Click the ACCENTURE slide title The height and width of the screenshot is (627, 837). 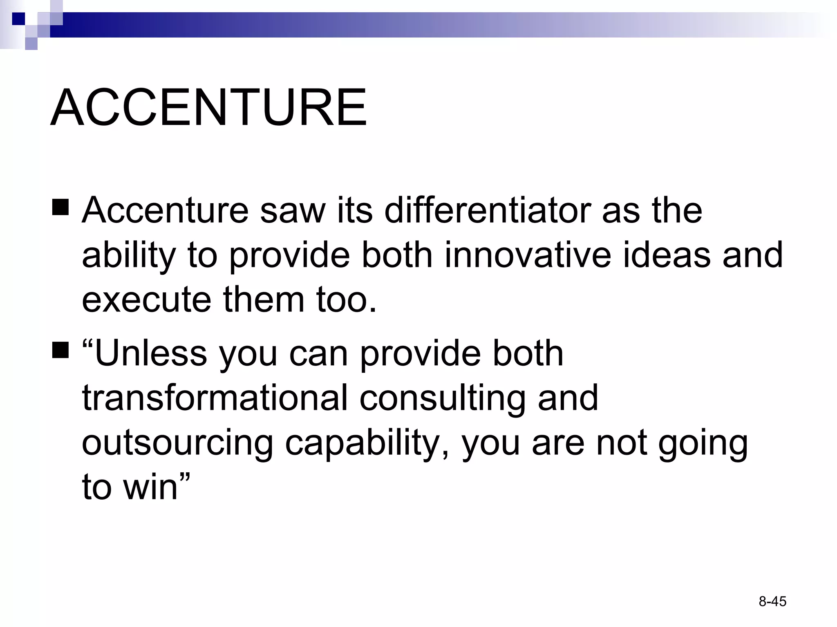[208, 108]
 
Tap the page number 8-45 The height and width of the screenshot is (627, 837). [772, 601]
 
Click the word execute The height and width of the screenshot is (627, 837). [146, 300]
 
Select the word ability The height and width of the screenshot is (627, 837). [129, 256]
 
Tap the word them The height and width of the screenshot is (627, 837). [264, 300]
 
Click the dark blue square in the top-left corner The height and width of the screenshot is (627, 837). [19, 19]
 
